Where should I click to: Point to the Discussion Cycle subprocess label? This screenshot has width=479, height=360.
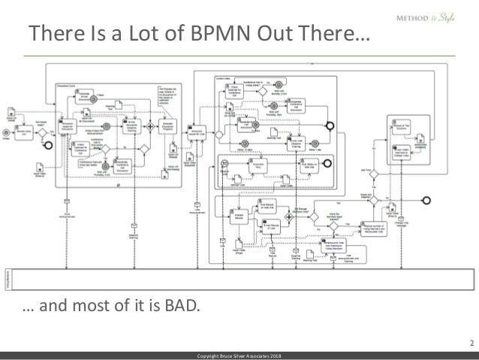pos(71,87)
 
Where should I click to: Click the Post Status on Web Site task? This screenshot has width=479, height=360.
pos(309,170)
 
